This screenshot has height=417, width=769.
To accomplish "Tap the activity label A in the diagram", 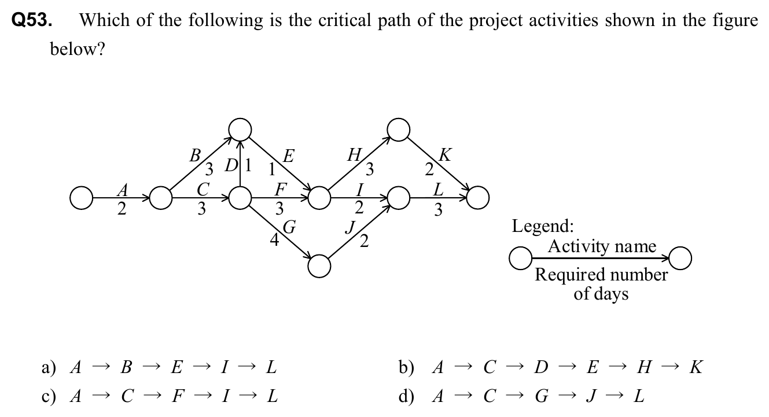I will click(x=121, y=189).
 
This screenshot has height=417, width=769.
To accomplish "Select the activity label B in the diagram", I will click(x=196, y=154).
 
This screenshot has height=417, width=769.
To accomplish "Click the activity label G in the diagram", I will click(x=289, y=226).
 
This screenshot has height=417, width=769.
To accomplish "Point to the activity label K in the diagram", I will click(x=446, y=154).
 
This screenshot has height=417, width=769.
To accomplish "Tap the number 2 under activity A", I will click(x=121, y=209).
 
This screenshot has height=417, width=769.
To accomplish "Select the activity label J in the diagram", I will click(x=349, y=227).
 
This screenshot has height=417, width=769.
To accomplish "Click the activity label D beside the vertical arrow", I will click(x=230, y=165).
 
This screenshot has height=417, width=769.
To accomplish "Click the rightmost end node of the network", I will click(x=478, y=198).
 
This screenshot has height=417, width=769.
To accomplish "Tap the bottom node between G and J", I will click(x=319, y=266).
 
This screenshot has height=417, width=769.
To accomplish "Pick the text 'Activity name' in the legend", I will click(x=602, y=246).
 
